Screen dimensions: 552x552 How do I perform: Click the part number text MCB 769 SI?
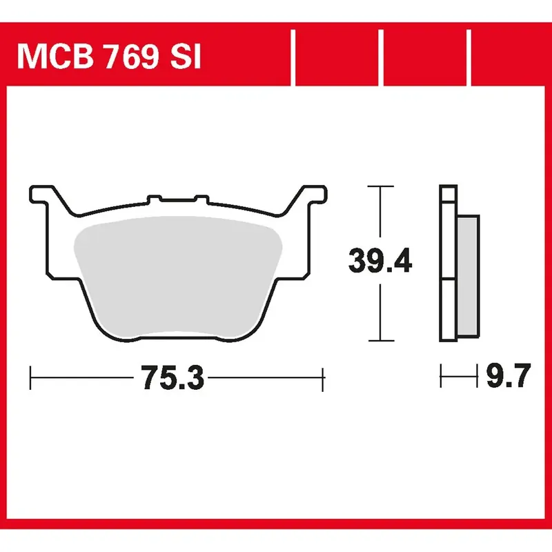point(109,57)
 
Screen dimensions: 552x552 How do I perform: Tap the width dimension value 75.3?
point(172,377)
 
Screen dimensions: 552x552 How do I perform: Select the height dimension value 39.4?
point(380,261)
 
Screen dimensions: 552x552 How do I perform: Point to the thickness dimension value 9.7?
point(509,375)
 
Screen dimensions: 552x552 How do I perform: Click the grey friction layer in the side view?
point(468,275)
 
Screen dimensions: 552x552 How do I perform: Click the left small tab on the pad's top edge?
point(154,199)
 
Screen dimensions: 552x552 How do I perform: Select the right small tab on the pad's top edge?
point(201,199)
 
